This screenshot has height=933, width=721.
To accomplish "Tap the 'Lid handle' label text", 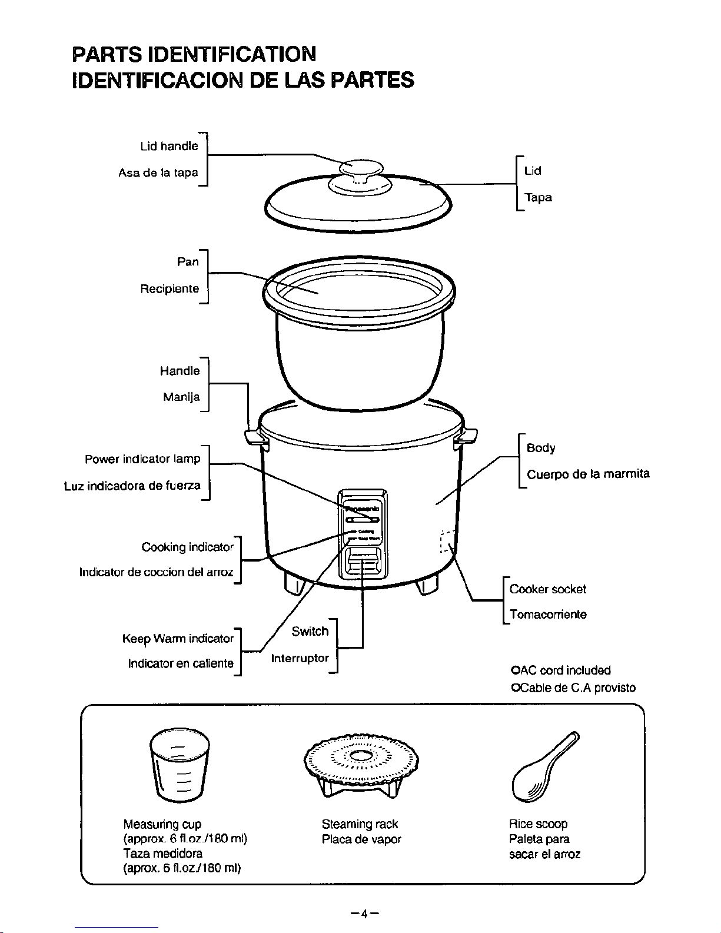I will (x=169, y=146).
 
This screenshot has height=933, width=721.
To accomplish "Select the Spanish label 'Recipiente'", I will (x=170, y=289).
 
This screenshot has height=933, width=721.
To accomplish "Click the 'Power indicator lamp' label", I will (x=142, y=459).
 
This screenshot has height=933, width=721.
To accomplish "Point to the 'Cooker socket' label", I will (x=548, y=589).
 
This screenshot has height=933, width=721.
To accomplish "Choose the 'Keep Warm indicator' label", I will (x=178, y=639).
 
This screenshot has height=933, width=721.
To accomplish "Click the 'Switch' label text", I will (x=310, y=632).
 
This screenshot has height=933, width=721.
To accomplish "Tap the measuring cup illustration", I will (x=180, y=763).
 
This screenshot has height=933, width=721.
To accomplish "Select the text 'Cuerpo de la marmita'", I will (x=588, y=474).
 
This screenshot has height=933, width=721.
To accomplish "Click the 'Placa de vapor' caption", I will (x=361, y=839).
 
